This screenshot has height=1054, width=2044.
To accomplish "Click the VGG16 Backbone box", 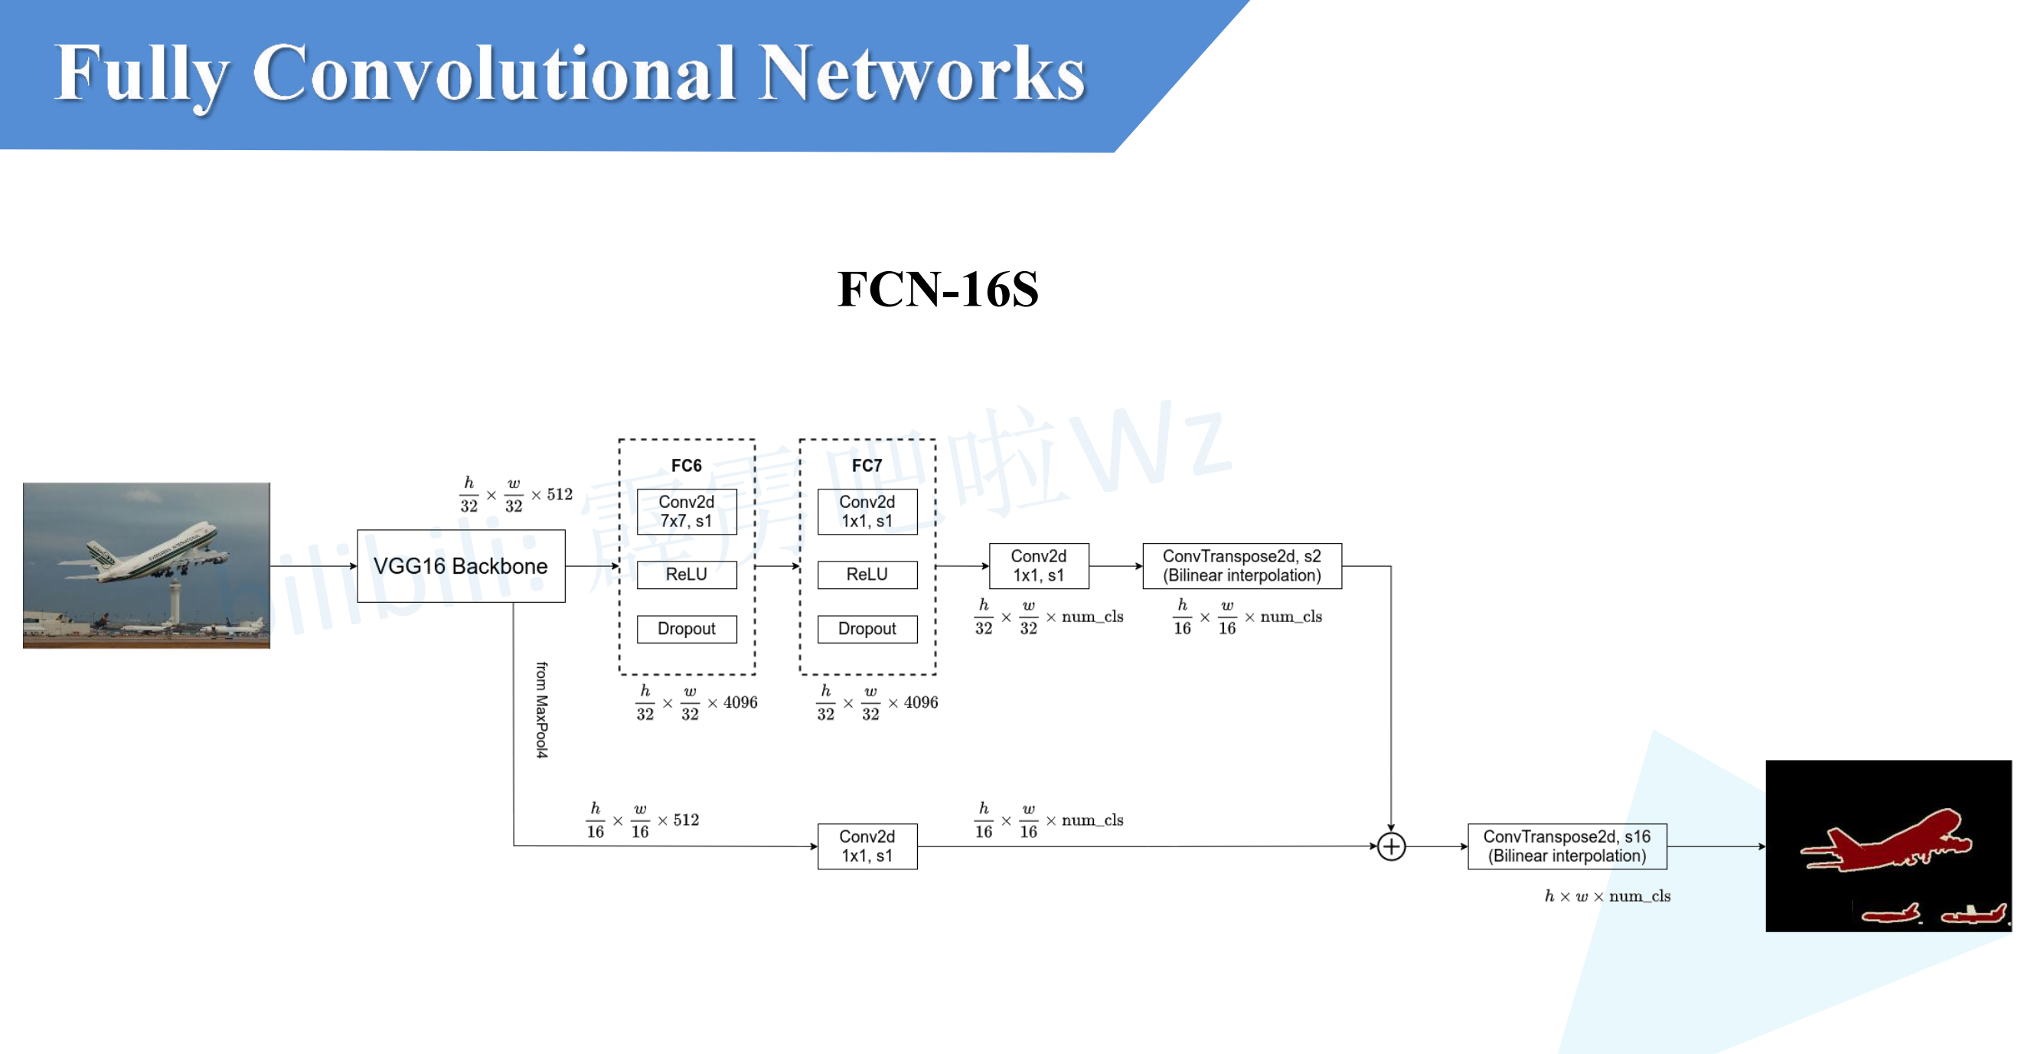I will pos(460,566).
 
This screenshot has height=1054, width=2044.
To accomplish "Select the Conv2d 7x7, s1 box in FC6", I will pos(687,511).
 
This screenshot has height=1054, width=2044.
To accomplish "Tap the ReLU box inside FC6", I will pos(687,574).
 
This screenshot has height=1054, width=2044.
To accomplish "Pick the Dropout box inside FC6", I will pos(687,629).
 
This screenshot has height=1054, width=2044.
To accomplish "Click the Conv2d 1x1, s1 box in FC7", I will pos(867,511).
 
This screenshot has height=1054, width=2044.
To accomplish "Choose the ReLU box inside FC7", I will pos(867,574).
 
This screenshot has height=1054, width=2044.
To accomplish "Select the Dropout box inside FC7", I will pos(867,629).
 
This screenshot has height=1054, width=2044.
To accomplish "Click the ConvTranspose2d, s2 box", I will pos(1242,566).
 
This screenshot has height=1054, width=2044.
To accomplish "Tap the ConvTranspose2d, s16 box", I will pos(1566,846).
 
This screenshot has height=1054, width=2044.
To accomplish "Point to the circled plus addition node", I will pos(1391,846).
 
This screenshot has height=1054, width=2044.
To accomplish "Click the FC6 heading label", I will pos(687,466).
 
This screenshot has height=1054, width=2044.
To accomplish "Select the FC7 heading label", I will pos(867,466).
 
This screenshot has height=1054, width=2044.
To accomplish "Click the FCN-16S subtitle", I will pos(938,289).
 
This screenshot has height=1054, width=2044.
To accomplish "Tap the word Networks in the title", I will pos(921,73).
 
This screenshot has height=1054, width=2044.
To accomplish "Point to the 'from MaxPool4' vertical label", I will pos(541,709).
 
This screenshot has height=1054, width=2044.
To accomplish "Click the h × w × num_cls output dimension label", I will pos(1607,896).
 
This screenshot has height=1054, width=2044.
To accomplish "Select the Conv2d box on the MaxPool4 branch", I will pos(867,846).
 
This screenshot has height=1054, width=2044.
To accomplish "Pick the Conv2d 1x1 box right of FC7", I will pos(1039,566).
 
